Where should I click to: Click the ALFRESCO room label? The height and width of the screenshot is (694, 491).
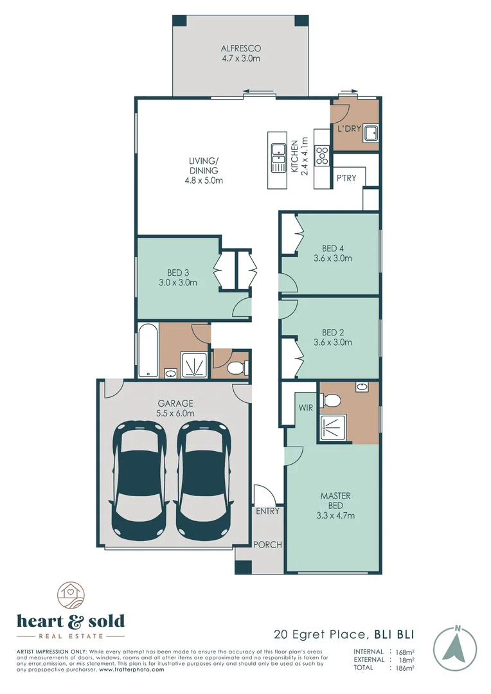[241, 48]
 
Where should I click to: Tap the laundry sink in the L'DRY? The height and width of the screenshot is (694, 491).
[371, 133]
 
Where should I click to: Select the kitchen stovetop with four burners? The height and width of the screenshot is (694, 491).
[322, 156]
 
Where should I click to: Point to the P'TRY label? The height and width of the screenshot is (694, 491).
[346, 178]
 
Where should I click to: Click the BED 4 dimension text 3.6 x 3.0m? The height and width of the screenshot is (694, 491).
[333, 258]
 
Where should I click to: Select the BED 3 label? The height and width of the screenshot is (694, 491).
[177, 273]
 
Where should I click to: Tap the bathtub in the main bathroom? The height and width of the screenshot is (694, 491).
[148, 351]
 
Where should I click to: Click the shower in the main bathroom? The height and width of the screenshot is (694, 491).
[194, 365]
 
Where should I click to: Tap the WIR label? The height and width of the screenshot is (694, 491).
[305, 407]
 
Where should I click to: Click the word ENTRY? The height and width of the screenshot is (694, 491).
[267, 512]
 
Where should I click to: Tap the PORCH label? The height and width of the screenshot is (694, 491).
[267, 545]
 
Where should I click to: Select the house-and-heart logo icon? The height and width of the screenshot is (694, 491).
[71, 596]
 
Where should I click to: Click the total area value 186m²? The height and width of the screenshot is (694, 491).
[405, 668]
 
